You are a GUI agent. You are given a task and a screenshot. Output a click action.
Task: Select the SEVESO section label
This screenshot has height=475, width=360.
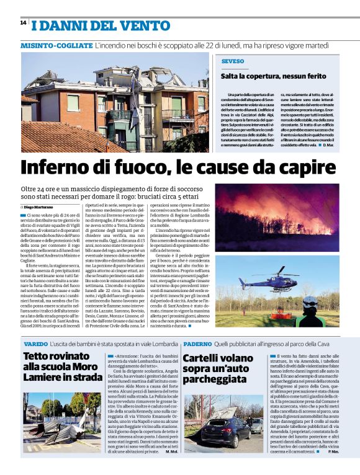pos(233,61)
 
